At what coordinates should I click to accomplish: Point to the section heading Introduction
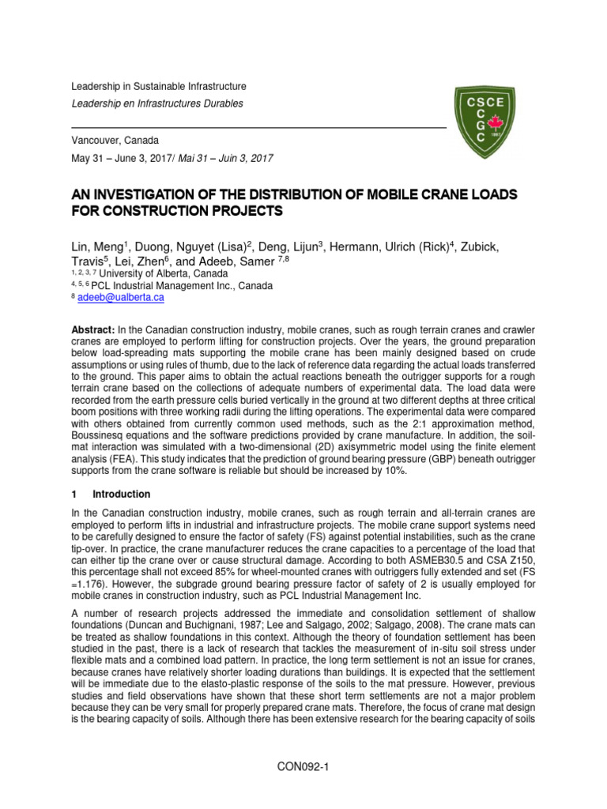(121, 495)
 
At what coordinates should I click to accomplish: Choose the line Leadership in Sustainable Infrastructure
(159, 86)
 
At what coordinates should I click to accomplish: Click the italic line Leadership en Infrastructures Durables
(157, 103)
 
